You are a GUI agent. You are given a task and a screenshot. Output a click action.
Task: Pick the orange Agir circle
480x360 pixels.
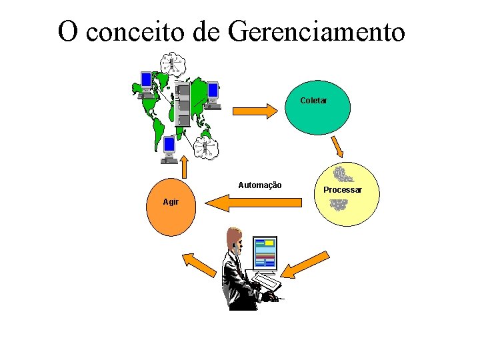click(171, 206)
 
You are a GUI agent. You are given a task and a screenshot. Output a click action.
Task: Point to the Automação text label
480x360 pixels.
click(260, 185)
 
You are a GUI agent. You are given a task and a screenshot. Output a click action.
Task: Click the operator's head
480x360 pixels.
click(234, 239)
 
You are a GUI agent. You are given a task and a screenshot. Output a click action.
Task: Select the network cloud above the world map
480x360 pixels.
click(173, 63)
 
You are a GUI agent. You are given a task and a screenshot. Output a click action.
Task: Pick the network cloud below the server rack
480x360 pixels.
click(206, 148)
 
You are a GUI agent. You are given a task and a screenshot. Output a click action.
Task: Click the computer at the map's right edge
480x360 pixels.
click(213, 94)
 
